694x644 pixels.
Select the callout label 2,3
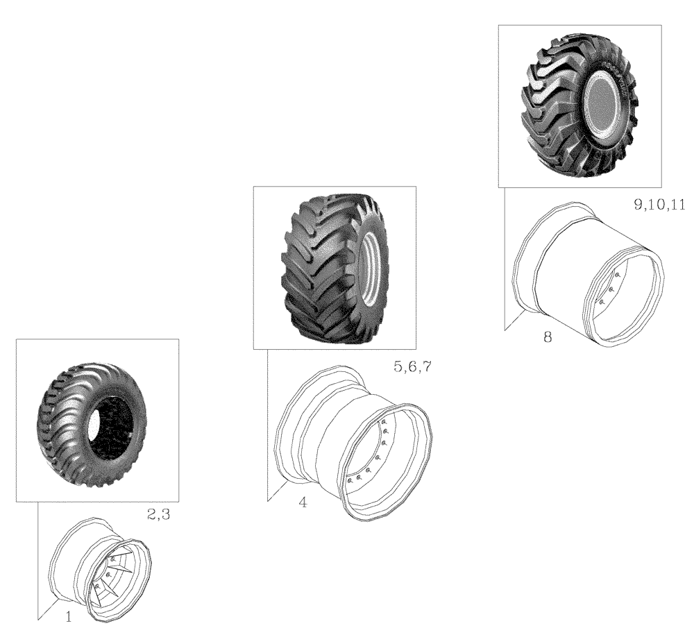[x=160, y=514]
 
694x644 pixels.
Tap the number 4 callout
[x=303, y=502]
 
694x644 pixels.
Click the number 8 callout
[x=548, y=338]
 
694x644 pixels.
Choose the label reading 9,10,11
[x=659, y=205]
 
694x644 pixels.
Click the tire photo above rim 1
[x=97, y=420]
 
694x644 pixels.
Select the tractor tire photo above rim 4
[x=335, y=267]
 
